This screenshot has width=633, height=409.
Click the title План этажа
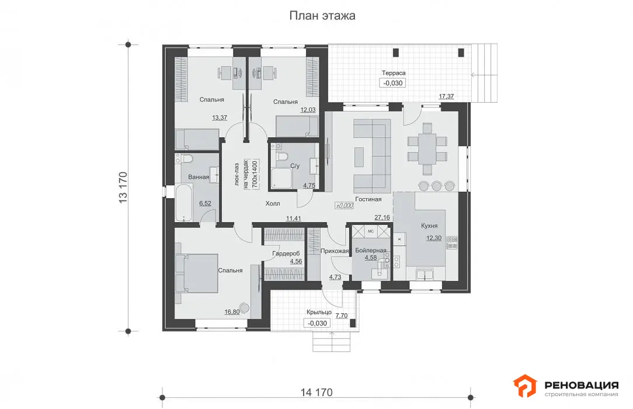click(x=322, y=16)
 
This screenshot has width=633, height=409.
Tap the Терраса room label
click(x=394, y=73)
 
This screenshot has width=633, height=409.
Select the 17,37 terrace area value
click(x=446, y=96)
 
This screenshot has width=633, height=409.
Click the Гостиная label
click(x=368, y=199)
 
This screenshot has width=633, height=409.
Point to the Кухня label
click(x=429, y=226)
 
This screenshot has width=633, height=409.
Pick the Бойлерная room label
click(x=371, y=250)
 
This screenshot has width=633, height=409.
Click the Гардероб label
click(x=286, y=254)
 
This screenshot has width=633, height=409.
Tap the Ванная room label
click(x=199, y=177)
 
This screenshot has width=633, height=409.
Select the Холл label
click(x=273, y=203)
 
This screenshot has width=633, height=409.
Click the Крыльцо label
click(x=319, y=312)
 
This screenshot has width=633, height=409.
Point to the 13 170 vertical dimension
click(x=123, y=188)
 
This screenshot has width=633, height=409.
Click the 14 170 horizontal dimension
click(x=316, y=393)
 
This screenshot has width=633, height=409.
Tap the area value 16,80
click(x=232, y=311)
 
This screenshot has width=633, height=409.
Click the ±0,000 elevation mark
click(x=345, y=206)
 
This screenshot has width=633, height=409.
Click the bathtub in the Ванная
click(x=185, y=203)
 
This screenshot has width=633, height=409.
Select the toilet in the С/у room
click(x=282, y=155)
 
